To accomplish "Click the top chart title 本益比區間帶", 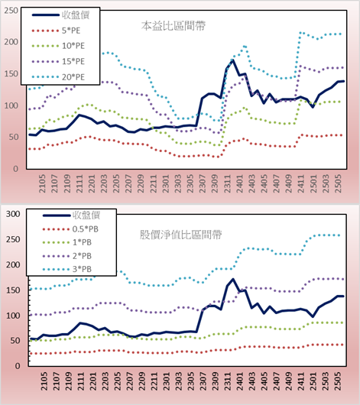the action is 174,26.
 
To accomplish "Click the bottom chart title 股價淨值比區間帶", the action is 180,235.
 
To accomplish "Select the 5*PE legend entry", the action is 56,31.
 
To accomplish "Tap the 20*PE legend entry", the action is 58,77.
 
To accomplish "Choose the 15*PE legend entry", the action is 58,61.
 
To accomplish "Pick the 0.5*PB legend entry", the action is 70,229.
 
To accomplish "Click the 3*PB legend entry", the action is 67,269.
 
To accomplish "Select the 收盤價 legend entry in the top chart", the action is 60,15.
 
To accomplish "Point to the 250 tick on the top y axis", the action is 11,11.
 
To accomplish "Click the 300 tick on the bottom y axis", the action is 13,214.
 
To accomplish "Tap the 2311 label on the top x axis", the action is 228,183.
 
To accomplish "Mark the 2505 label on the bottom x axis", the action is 338,381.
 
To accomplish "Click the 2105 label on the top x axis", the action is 42,183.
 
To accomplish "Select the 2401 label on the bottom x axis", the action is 240,381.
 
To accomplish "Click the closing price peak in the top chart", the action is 233,60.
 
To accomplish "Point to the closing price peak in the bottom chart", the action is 233,279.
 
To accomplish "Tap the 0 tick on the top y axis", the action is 15,169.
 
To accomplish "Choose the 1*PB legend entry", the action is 67,242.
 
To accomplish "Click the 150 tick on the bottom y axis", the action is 13,290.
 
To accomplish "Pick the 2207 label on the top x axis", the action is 128,183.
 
